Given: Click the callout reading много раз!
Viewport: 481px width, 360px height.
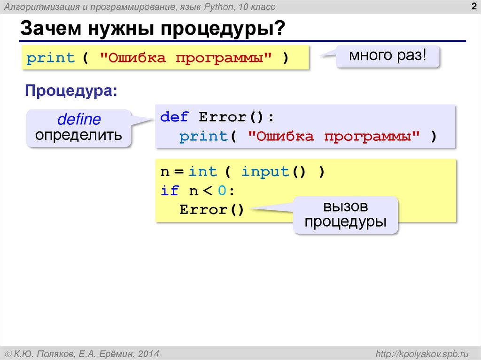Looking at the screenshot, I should pyautogui.click(x=388, y=56).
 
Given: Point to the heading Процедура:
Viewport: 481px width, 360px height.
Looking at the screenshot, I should pyautogui.click(x=71, y=91).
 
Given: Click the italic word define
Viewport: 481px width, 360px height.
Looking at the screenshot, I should pyautogui.click(x=79, y=119).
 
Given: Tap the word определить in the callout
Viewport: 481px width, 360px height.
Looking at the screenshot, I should pyautogui.click(x=79, y=135).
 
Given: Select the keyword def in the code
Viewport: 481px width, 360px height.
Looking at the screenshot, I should pyautogui.click(x=174, y=117).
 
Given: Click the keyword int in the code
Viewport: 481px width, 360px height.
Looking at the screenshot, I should pyautogui.click(x=203, y=172).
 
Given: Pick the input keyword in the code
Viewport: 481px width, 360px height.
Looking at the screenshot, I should pyautogui.click(x=265, y=172).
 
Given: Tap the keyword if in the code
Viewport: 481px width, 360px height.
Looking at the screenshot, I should pyautogui.click(x=170, y=191).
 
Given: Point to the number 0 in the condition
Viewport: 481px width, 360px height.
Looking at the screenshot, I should pyautogui.click(x=222, y=191).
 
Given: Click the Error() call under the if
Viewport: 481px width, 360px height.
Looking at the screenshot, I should pyautogui.click(x=212, y=209).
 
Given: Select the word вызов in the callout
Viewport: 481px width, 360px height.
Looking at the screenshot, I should pyautogui.click(x=345, y=207).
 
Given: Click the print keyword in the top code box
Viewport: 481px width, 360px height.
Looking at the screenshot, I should pyautogui.click(x=51, y=58).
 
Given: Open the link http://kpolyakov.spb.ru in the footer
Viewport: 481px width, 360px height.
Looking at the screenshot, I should pyautogui.click(x=421, y=352).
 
